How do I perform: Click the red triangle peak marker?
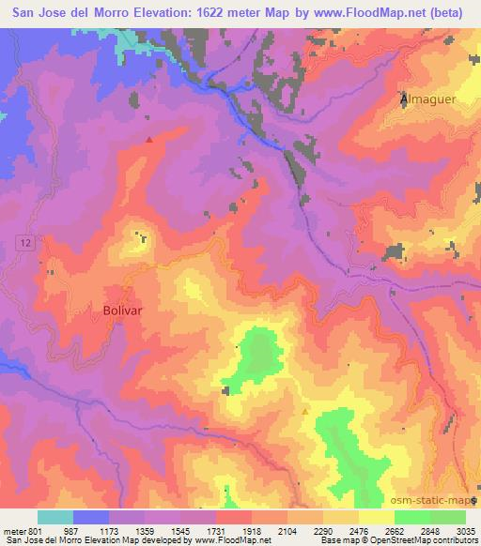pyautogui.click(x=148, y=140)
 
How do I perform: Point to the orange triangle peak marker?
pyautogui.click(x=305, y=410)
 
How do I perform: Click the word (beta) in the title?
pyautogui.click(x=448, y=12)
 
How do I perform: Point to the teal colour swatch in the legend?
pyautogui.click(x=55, y=517)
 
